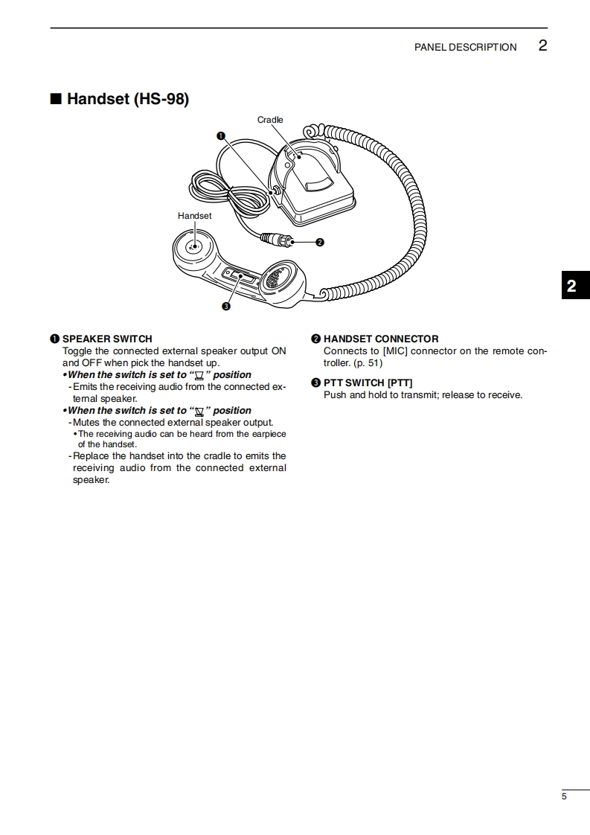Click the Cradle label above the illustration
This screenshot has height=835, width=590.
(x=270, y=120)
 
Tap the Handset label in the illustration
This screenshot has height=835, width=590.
(x=194, y=216)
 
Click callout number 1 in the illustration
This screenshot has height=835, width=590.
(x=221, y=135)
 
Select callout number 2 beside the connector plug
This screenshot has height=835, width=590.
(x=319, y=242)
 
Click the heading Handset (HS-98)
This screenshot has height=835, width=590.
(x=127, y=99)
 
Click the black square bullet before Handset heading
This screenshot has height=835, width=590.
(x=55, y=99)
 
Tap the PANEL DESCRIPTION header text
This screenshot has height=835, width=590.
(x=465, y=47)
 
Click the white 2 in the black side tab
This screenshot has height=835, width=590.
(x=571, y=287)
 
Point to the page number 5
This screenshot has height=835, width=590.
(x=564, y=797)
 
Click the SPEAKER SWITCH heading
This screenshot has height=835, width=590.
(x=107, y=339)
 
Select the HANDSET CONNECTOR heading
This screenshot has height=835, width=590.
(x=381, y=339)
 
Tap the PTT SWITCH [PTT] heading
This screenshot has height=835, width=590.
(x=368, y=383)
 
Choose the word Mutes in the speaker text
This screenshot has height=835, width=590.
(x=86, y=423)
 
